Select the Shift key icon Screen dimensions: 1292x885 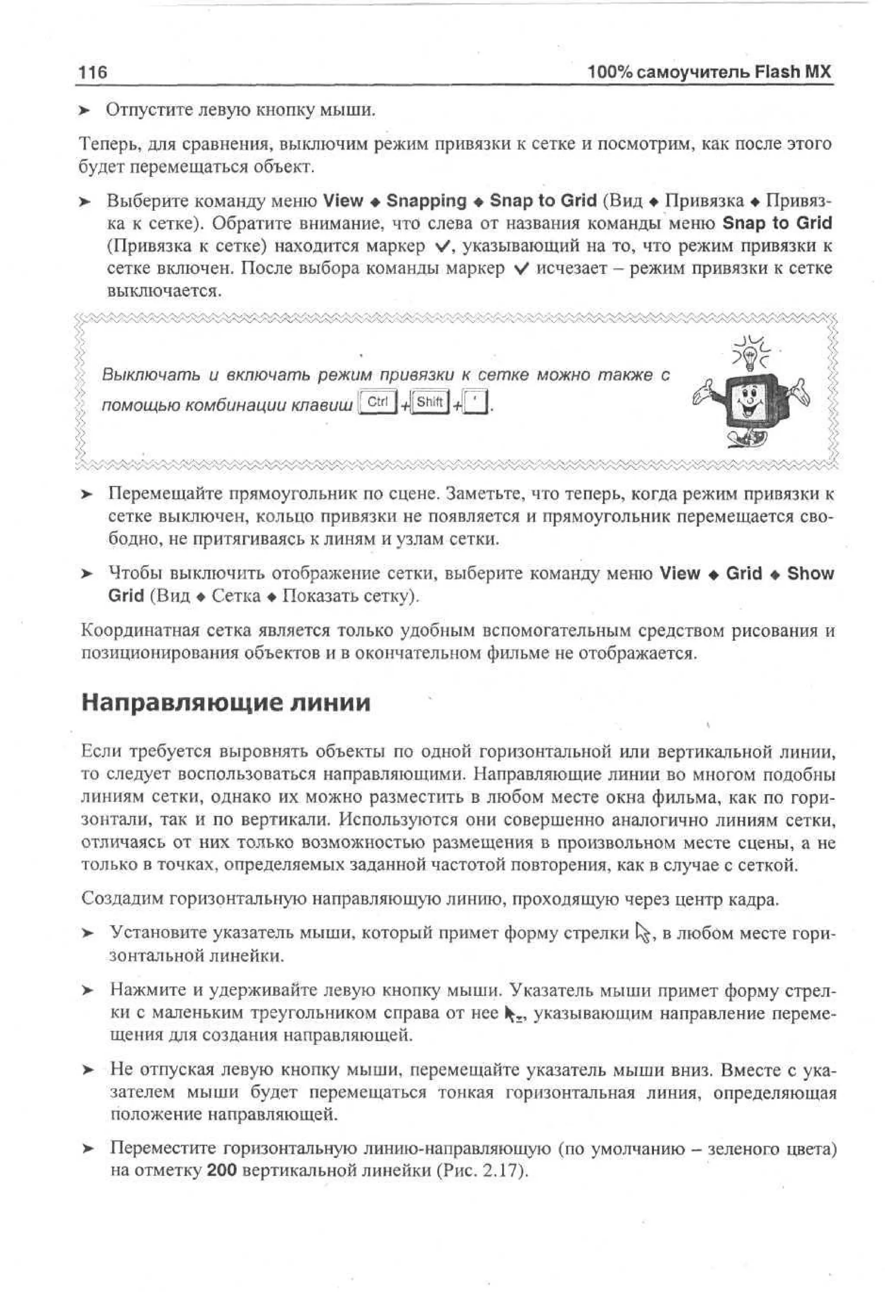[430, 402]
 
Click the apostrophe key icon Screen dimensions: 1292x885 [474, 403]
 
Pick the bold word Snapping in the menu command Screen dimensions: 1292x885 [426, 201]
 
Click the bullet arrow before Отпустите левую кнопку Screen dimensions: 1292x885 [84, 111]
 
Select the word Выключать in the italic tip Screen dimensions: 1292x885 [150, 375]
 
